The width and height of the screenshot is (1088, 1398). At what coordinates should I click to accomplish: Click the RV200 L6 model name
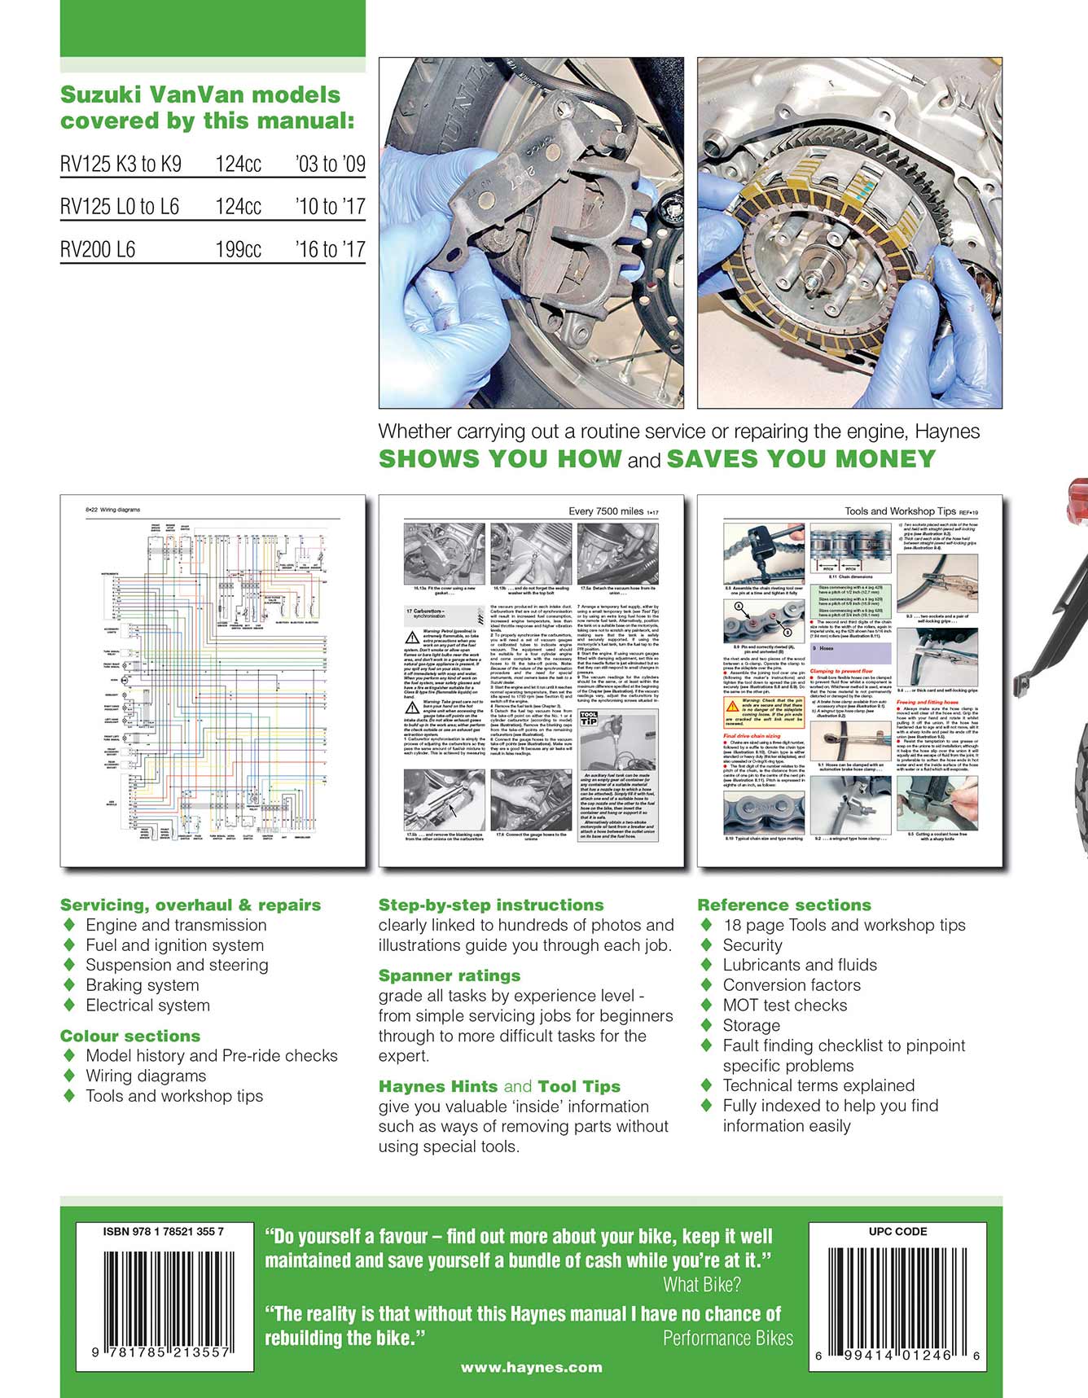point(98,249)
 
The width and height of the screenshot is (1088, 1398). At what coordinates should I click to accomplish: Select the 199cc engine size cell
point(238,249)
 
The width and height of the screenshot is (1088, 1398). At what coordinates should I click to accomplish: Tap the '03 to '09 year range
point(330,164)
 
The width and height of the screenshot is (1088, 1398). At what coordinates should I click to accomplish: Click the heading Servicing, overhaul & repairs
point(191,905)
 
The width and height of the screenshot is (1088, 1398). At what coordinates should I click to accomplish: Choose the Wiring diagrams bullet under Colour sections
point(146,1076)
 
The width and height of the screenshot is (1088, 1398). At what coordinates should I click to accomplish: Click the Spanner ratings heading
point(450,975)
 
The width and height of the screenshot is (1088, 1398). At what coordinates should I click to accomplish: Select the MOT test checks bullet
point(784,1006)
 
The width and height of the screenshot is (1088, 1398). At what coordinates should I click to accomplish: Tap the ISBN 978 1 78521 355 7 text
point(163,1232)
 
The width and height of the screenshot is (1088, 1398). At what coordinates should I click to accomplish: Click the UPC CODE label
point(897,1232)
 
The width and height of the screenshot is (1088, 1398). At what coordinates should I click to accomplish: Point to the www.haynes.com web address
point(532,1368)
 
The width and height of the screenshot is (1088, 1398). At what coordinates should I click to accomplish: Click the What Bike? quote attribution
point(702,1285)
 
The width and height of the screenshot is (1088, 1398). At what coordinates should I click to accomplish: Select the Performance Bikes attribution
point(727,1338)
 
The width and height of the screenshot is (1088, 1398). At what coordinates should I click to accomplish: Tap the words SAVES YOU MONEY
point(801,458)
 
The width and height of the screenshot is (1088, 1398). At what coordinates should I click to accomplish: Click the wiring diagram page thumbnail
point(212,680)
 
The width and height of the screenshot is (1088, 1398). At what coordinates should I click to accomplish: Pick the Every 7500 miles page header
point(607,511)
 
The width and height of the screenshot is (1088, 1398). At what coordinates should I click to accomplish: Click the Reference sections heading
point(783,905)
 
